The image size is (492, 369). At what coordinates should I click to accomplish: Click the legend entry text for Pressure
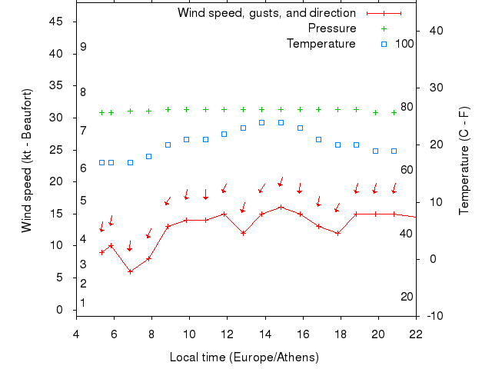(331, 28)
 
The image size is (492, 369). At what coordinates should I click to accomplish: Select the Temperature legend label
(321, 44)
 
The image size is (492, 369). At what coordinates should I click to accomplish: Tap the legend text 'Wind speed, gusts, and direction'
(266, 13)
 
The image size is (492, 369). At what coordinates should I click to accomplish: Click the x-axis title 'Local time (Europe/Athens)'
(244, 357)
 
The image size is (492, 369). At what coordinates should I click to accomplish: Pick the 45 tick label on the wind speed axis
(56, 22)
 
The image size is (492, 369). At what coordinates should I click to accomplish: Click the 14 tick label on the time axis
(264, 333)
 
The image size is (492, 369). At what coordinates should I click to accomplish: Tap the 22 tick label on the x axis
(416, 333)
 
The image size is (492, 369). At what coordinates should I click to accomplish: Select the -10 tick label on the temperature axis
(434, 316)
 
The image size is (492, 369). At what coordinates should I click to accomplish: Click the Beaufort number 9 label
(83, 47)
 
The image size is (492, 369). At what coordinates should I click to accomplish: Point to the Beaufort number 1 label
(83, 303)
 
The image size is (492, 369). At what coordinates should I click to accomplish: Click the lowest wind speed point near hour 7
(130, 271)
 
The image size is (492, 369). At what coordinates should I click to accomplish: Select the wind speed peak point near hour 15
(281, 207)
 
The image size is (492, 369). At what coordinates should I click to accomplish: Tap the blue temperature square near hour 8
(148, 156)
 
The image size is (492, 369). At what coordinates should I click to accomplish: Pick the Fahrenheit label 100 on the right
(404, 44)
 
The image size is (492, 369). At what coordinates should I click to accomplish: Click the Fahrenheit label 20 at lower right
(407, 296)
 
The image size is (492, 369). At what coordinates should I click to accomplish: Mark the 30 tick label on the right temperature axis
(432, 88)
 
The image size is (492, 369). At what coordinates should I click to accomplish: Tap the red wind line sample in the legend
(384, 13)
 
